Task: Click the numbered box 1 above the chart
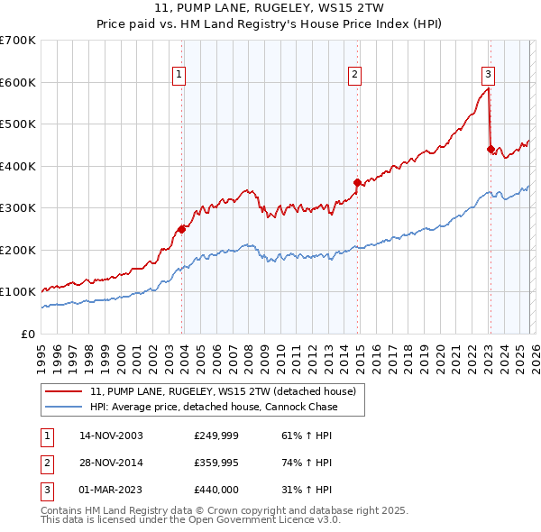(x=179, y=75)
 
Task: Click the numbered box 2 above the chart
(x=355, y=75)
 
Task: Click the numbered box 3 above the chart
(x=488, y=75)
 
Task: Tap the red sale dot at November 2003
(x=181, y=229)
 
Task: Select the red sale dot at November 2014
(x=358, y=182)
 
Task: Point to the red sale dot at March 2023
(x=491, y=149)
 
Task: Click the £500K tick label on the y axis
(x=18, y=124)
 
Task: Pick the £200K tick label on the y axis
(x=18, y=250)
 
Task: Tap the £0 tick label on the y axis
(x=27, y=334)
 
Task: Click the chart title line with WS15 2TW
(x=270, y=9)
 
